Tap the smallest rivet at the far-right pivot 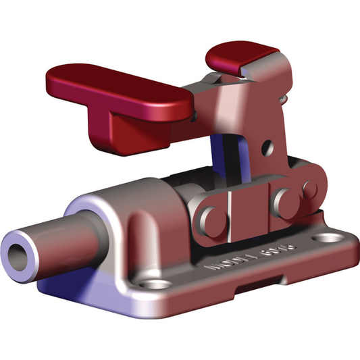[x=311, y=188]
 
